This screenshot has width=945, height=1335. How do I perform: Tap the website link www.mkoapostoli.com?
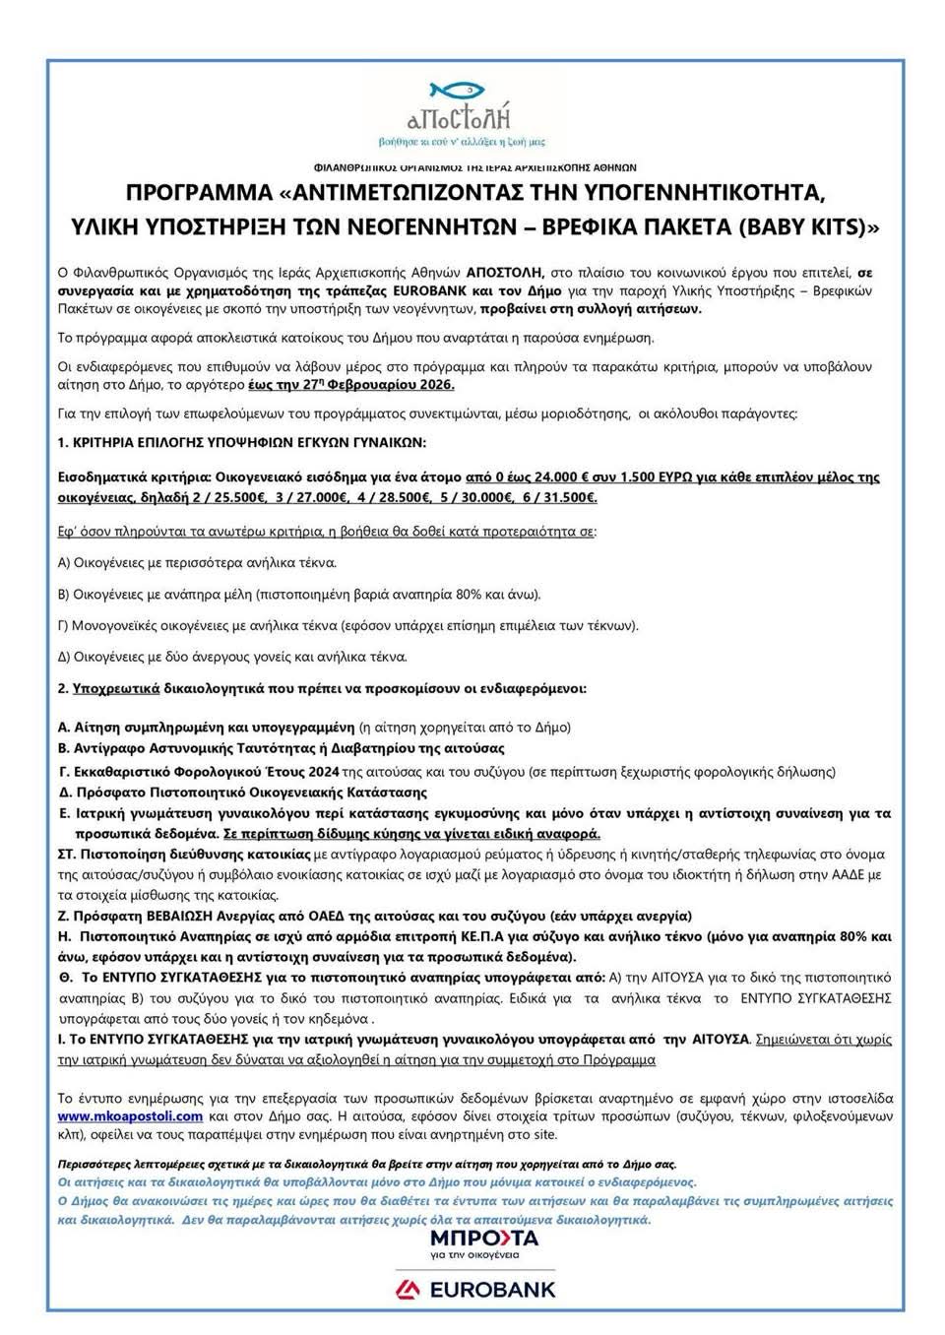point(130,1115)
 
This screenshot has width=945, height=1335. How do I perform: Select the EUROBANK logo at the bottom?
point(476,1289)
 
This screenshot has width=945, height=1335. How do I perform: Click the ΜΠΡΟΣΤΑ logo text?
point(484,1238)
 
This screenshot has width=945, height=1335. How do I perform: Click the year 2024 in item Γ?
point(321,771)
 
